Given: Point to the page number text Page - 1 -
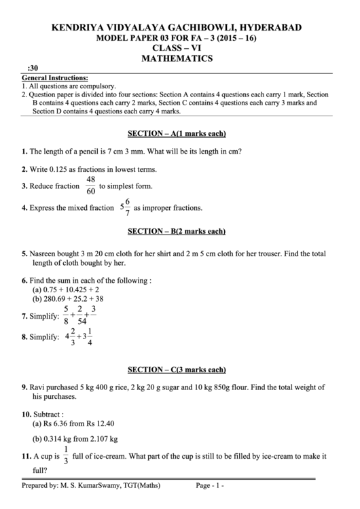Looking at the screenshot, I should click(210, 487).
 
